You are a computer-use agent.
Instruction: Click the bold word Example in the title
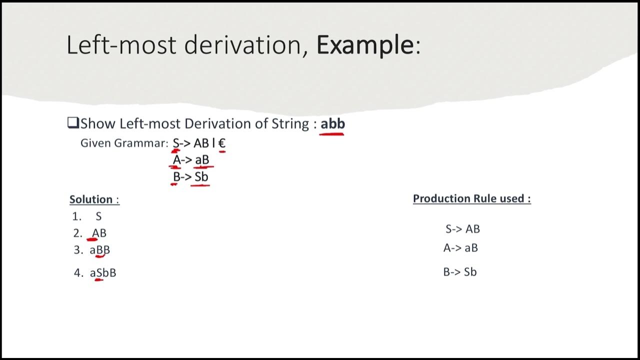coord(365,45)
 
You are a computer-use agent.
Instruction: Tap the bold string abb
coord(332,123)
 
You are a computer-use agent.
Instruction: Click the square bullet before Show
coord(73,123)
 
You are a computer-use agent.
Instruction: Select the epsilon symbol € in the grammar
coord(222,143)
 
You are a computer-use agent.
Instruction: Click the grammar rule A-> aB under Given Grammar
coord(191,160)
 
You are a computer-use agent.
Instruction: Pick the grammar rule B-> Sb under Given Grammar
coord(190,176)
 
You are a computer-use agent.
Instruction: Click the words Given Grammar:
coord(124,143)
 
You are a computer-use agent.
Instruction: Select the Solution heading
coord(91,199)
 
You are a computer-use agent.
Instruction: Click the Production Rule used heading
coord(471,198)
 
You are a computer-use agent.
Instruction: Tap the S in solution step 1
coord(98,216)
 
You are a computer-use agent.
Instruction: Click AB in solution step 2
coord(99,233)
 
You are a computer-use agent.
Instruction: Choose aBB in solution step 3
coord(99,249)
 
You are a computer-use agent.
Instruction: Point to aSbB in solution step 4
coord(103,273)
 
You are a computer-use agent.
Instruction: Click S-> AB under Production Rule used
coord(462,229)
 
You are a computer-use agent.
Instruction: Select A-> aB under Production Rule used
coord(460,248)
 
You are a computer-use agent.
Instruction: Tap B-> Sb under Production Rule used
coord(460,272)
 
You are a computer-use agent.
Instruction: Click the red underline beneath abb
coord(332,134)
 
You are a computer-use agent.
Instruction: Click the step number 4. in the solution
coord(78,273)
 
